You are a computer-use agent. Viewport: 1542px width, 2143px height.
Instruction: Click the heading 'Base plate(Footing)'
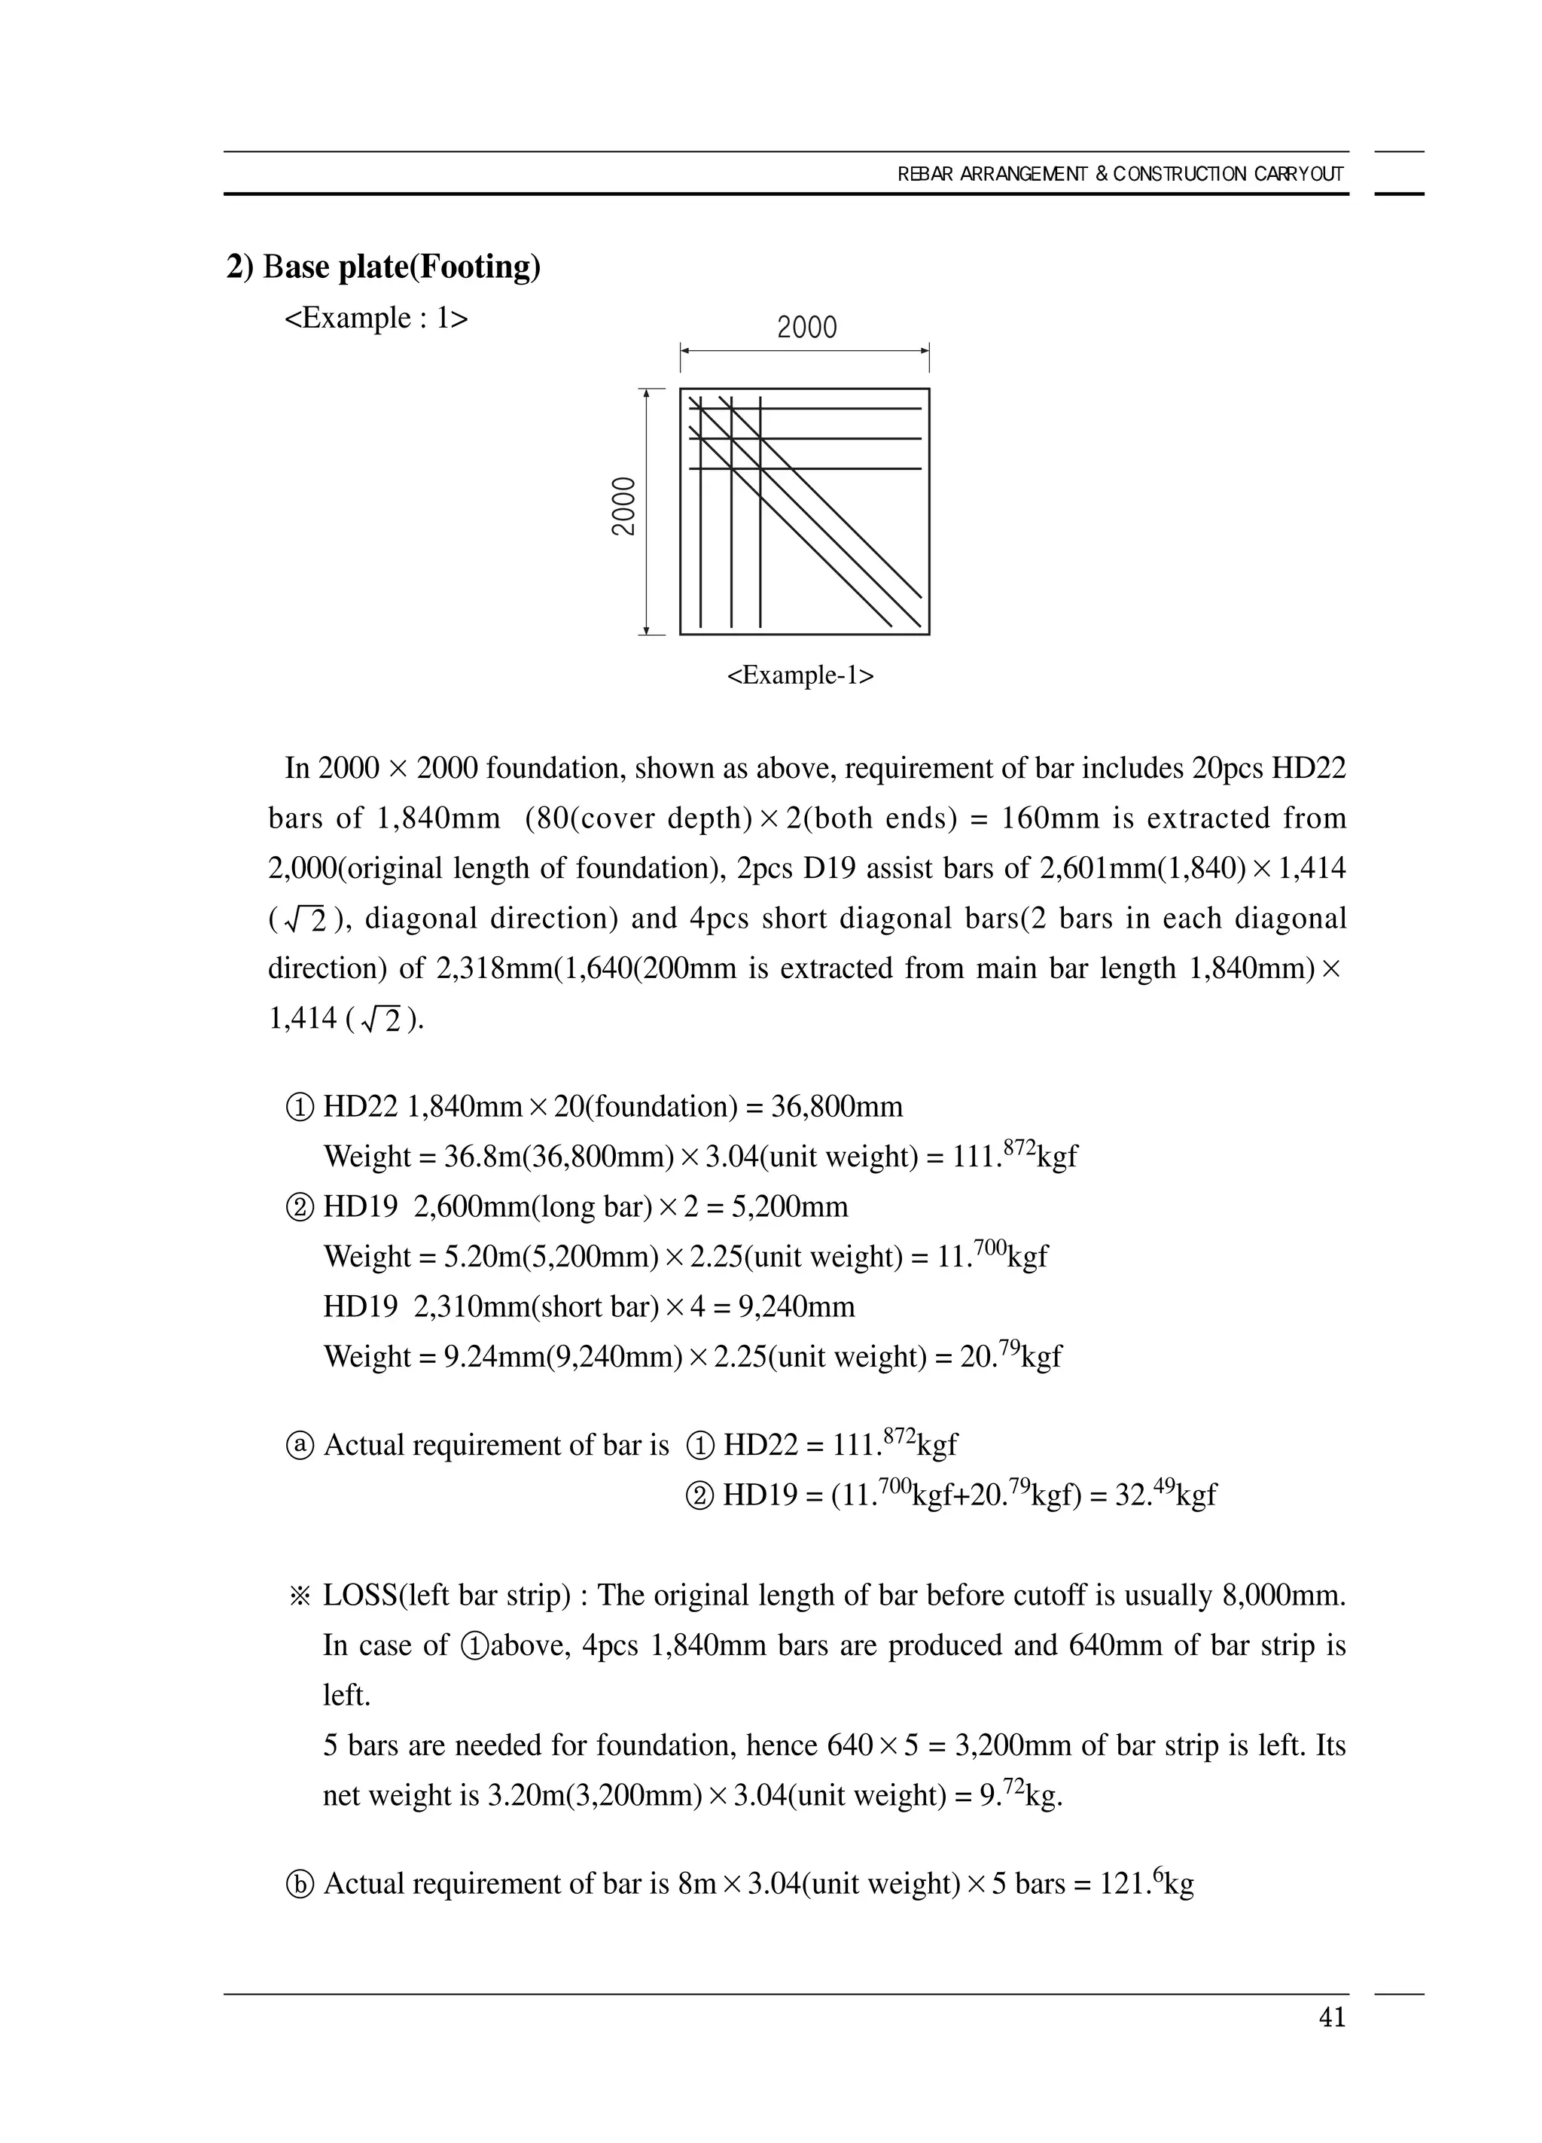(383, 267)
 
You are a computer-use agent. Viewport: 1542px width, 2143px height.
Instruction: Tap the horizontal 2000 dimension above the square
(806, 328)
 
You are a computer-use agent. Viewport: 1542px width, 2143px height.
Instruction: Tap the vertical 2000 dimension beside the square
(623, 507)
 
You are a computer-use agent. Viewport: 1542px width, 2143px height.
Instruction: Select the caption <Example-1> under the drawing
(800, 675)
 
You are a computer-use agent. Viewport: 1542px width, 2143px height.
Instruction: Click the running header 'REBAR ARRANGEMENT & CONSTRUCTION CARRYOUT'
(1120, 174)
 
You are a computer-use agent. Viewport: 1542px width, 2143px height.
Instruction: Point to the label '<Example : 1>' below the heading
(376, 319)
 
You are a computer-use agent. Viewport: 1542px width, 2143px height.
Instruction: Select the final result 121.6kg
(1146, 1883)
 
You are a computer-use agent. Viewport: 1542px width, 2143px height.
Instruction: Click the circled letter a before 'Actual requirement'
(299, 1446)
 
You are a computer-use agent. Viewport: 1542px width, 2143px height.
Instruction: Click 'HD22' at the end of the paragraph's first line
(1308, 768)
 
